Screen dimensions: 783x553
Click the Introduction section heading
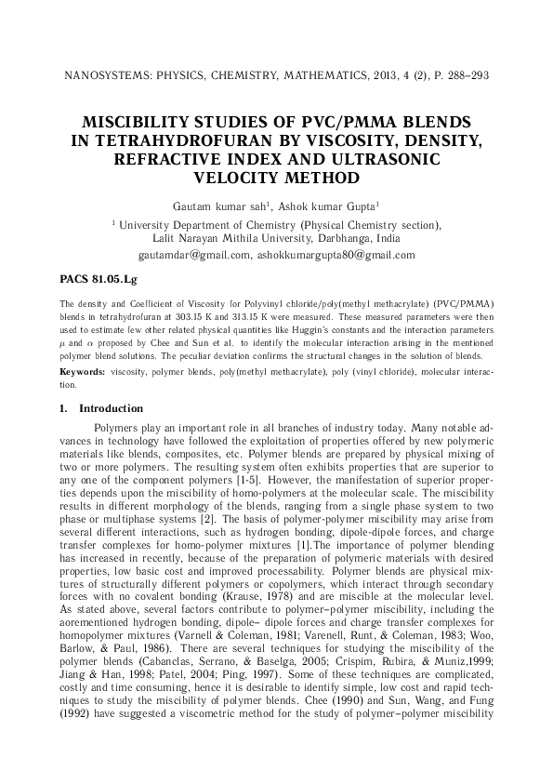(x=111, y=408)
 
